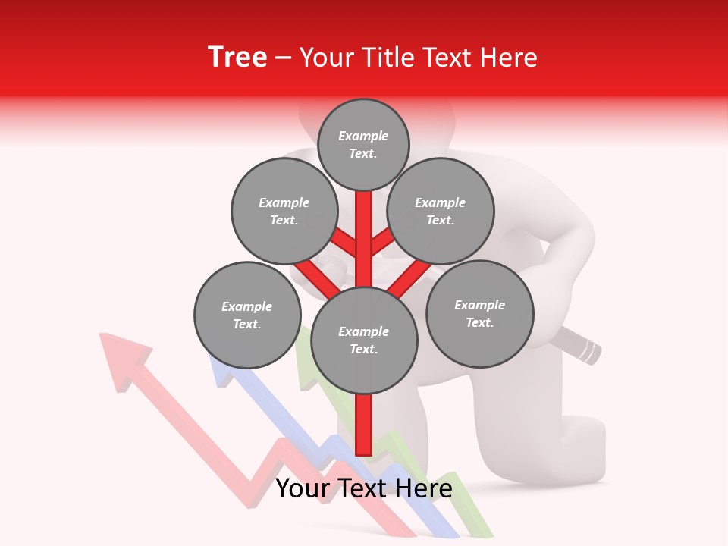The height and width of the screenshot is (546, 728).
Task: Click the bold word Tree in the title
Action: (237, 58)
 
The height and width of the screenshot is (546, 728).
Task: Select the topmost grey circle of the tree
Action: (363, 144)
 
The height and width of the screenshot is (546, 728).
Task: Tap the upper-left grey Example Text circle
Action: (284, 212)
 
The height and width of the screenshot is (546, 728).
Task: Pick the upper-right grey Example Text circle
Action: (441, 212)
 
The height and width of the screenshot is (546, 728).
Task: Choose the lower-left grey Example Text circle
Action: (247, 315)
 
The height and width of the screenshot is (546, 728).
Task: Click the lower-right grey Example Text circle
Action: (479, 314)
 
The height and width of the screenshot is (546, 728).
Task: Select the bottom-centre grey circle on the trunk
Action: (364, 340)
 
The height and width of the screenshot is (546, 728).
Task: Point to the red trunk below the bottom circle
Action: (364, 425)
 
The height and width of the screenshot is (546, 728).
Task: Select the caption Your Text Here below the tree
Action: (364, 488)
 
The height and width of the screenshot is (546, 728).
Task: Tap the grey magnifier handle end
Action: (588, 350)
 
